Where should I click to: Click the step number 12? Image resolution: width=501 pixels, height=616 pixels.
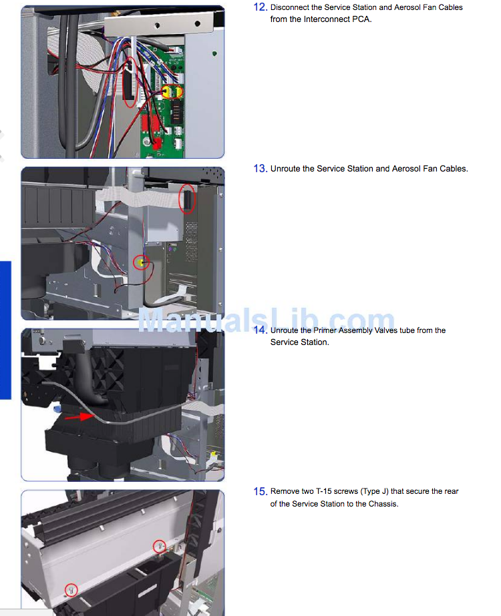(261, 7)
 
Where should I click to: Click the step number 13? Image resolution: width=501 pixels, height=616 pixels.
(261, 169)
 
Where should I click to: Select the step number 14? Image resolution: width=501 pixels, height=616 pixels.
(261, 330)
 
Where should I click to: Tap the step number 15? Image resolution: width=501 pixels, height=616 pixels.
(261, 491)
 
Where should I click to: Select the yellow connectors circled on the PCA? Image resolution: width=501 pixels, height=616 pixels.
(172, 92)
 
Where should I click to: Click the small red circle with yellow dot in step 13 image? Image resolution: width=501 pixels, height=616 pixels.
(141, 262)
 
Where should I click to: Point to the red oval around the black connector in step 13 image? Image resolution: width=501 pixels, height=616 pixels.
(187, 199)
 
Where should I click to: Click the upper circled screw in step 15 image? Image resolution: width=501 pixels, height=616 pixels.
(159, 547)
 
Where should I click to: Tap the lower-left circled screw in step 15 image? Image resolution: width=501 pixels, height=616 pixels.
(71, 590)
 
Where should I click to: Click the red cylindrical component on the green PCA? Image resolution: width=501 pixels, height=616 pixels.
(157, 143)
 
